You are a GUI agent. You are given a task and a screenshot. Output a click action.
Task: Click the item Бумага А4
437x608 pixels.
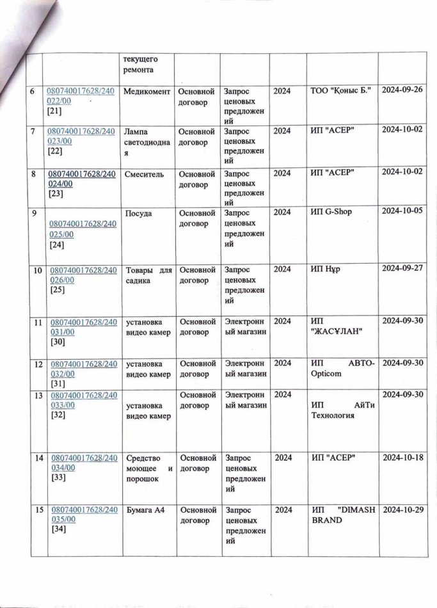click(x=141, y=509)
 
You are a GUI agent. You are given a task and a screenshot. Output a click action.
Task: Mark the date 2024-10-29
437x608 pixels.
click(x=403, y=509)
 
